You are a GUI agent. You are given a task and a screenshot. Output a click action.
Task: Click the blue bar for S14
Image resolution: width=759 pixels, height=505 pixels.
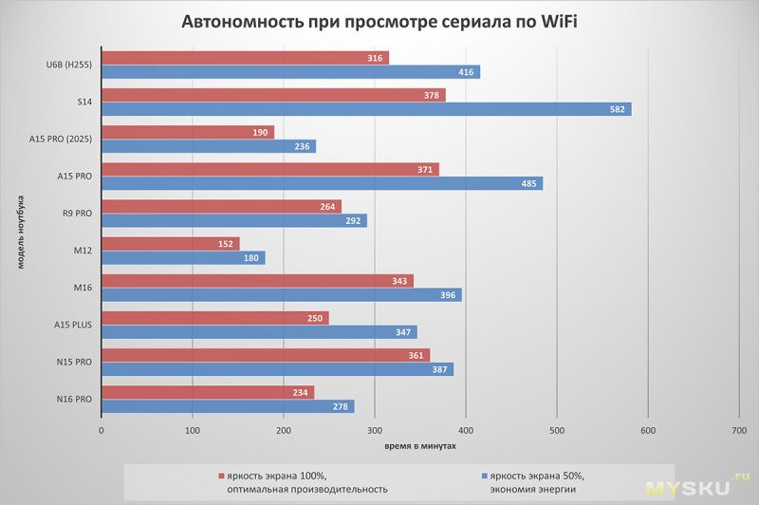pos(365,109)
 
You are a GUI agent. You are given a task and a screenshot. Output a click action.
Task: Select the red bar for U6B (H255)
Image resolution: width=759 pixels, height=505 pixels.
pos(245,59)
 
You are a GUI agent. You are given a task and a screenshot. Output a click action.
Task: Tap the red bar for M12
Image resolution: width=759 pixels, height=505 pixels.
pos(171,244)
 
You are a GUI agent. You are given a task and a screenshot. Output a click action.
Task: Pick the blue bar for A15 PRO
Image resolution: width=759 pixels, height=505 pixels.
pos(322,183)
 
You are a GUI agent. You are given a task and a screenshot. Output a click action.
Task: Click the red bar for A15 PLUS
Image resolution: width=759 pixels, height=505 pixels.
pos(215,318)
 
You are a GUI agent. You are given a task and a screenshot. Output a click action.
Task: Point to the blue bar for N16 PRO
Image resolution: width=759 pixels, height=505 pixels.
pos(228,406)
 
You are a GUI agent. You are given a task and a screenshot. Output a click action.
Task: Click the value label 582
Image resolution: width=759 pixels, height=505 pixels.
pos(618,109)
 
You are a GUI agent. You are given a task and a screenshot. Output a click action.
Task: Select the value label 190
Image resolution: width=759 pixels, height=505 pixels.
pos(261,133)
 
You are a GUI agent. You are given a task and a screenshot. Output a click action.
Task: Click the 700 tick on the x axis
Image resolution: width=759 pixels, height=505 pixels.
pos(739,431)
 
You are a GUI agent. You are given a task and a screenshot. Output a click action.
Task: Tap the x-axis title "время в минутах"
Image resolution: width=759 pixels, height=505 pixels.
pos(420,445)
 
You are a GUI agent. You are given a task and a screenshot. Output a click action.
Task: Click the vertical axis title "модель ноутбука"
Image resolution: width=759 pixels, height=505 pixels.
pos(19,233)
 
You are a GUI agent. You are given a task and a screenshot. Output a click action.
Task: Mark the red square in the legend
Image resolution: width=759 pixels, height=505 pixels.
pos(221,476)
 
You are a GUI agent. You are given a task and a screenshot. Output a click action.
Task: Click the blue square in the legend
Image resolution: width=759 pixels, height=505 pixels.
pos(485,476)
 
